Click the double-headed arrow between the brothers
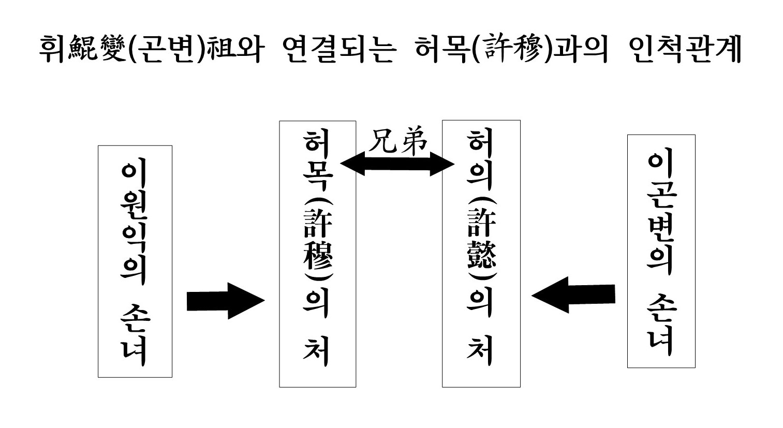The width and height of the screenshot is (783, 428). pyautogui.click(x=397, y=165)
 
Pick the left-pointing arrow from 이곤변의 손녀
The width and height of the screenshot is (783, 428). pyautogui.click(x=573, y=296)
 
